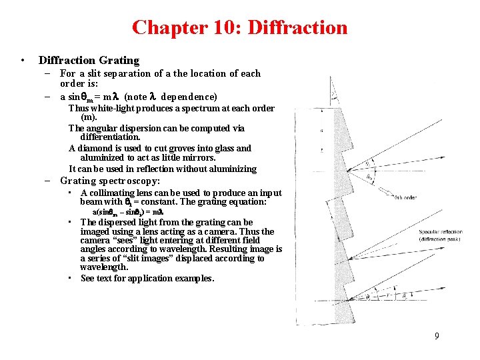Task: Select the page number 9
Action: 437,336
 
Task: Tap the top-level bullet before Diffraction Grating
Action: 23,61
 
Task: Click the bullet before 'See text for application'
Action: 70,277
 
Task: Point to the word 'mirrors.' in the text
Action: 198,158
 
